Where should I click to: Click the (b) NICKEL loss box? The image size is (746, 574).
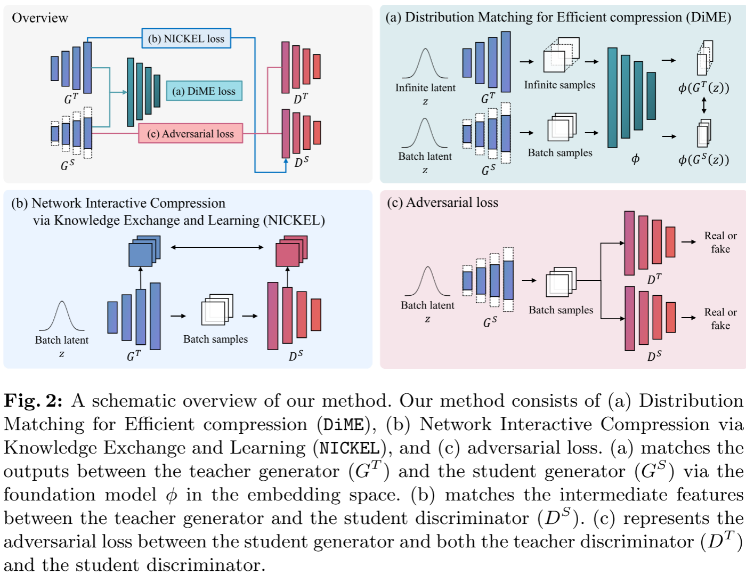pyautogui.click(x=186, y=38)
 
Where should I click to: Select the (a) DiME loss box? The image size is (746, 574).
pyautogui.click(x=204, y=91)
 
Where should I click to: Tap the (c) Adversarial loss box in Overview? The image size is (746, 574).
pyautogui.click(x=190, y=134)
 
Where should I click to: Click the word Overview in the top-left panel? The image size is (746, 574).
pyautogui.click(x=40, y=18)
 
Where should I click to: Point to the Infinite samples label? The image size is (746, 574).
pyautogui.click(x=559, y=85)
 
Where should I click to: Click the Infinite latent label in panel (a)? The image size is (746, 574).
pyautogui.click(x=425, y=88)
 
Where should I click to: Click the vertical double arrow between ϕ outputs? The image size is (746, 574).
pyautogui.click(x=704, y=105)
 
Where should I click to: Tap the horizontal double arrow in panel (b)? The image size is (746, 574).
pyautogui.click(x=217, y=247)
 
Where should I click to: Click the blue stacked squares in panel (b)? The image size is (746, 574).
pyautogui.click(x=144, y=252)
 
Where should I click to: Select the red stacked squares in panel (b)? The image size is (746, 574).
pyautogui.click(x=291, y=252)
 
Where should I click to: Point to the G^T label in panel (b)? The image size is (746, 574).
pyautogui.click(x=134, y=355)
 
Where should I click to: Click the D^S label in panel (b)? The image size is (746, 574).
pyautogui.click(x=296, y=355)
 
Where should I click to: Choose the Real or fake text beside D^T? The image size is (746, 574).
pyautogui.click(x=720, y=242)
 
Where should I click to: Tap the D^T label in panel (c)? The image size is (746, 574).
pyautogui.click(x=654, y=279)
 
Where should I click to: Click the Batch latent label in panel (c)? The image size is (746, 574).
pyautogui.click(x=427, y=305)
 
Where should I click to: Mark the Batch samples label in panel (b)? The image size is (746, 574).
pyautogui.click(x=215, y=339)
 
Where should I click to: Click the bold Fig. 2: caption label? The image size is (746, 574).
pyautogui.click(x=33, y=401)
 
